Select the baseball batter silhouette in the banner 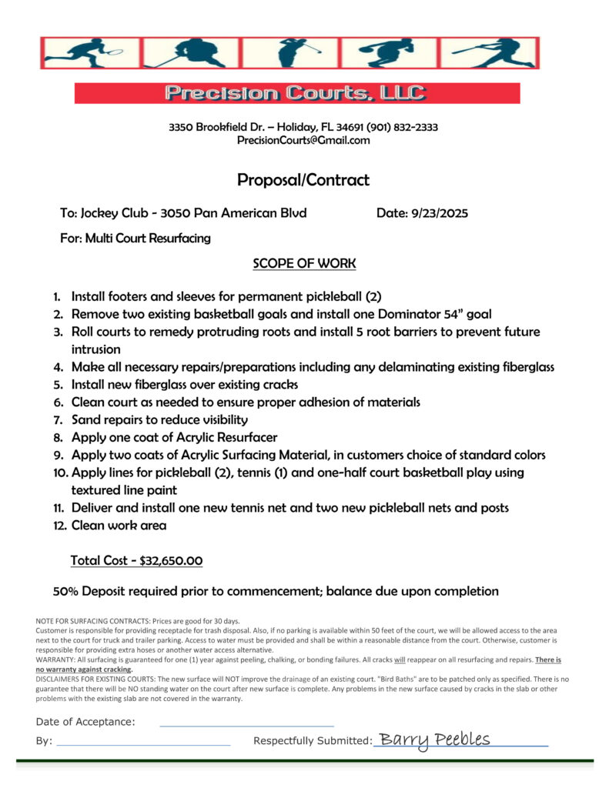click(x=493, y=52)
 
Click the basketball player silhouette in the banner click(x=389, y=52)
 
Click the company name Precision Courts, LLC click(x=296, y=93)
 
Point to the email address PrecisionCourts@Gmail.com click(x=303, y=140)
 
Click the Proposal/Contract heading click(x=303, y=180)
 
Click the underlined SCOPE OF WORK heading click(x=304, y=263)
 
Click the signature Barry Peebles click(x=435, y=740)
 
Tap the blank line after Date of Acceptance click(x=246, y=723)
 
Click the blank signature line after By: click(x=143, y=743)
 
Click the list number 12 click(x=59, y=526)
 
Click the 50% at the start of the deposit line click(x=65, y=591)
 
